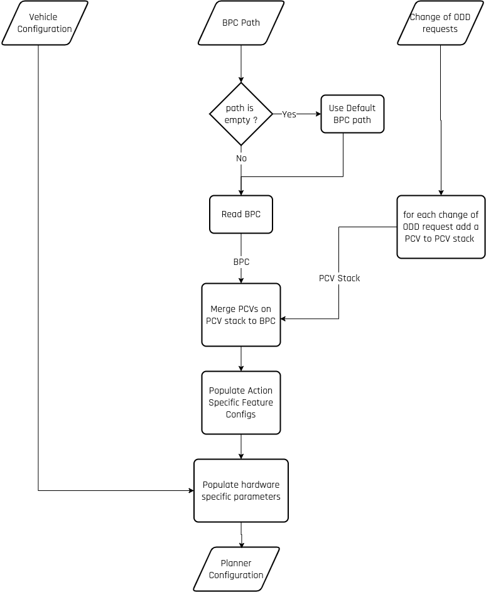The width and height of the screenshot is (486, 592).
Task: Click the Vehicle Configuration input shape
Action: coord(45,23)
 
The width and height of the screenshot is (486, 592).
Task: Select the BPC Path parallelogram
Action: coord(241,23)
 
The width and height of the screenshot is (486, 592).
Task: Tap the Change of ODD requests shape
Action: coord(441,23)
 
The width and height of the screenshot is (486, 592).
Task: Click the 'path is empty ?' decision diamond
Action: coord(241,114)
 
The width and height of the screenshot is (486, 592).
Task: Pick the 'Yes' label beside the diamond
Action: coord(289,114)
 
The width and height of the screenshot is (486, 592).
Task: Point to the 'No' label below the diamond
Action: coord(241,158)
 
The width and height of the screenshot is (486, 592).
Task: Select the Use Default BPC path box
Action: coord(352,114)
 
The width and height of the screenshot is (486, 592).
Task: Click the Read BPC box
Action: coord(241,215)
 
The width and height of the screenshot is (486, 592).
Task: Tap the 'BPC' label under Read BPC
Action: coord(241,262)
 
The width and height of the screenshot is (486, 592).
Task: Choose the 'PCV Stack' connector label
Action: coord(339,278)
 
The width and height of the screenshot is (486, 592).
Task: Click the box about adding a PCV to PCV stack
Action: coord(441,227)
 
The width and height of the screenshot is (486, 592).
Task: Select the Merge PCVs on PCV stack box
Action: coord(241,315)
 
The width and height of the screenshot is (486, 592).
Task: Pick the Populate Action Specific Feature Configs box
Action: coord(241,402)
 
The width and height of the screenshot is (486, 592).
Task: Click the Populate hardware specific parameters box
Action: coord(241,490)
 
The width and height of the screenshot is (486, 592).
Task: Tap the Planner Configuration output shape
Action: coord(236,569)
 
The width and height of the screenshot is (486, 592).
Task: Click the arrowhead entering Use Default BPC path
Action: coord(318,114)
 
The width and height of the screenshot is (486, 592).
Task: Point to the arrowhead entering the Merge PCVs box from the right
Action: coord(283,319)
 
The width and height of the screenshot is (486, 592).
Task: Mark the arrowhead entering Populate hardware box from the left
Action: coord(192,490)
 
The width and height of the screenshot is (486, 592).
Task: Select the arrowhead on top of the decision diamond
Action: coord(241,80)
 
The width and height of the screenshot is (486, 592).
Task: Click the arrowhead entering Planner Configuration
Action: coord(241,544)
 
